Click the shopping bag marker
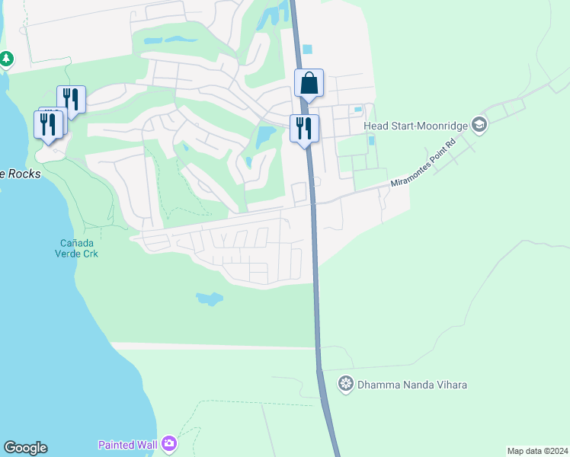coord(309,83)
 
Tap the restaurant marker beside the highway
coord(304,129)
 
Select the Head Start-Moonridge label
coord(415,125)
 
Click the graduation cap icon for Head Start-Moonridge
coord(479,124)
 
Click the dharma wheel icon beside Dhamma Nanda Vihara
coord(347,383)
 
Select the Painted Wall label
coord(127,445)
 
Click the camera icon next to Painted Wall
coord(169,443)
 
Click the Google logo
coord(25,448)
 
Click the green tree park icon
coord(6,59)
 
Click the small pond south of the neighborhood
coord(209,299)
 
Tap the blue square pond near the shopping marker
coord(307,50)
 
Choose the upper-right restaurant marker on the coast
coord(71,100)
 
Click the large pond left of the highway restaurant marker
coord(266,137)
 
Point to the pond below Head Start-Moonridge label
coord(372,140)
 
